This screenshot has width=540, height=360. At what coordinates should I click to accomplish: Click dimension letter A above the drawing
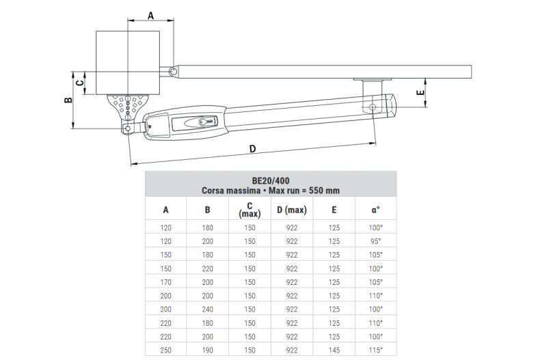point(150,15)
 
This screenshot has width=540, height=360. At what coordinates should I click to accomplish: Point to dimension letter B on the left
point(67,100)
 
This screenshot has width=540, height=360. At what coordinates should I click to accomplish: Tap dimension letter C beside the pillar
point(80,83)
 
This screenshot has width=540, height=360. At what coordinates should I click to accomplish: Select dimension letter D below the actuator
point(252,149)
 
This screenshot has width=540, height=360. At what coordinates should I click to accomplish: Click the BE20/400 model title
point(270,181)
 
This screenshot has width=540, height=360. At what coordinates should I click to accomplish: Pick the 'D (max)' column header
point(292,210)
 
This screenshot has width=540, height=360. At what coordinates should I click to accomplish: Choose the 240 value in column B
point(208,308)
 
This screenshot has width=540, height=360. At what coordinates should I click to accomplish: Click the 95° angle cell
point(375,241)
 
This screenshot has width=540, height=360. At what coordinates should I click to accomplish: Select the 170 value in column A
point(165,281)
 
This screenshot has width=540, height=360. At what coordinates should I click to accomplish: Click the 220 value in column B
point(208,268)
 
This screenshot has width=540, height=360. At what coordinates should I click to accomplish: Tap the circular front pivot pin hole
point(372,107)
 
